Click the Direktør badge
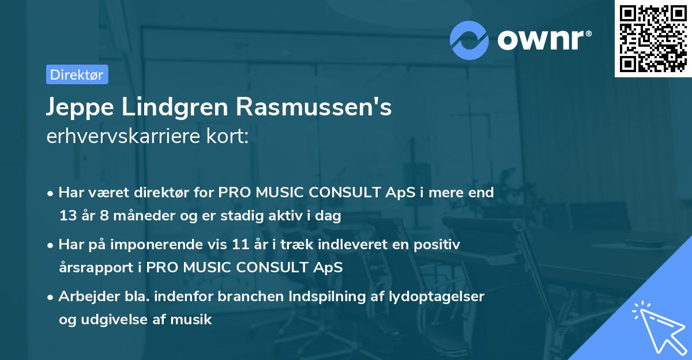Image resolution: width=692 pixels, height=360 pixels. pyautogui.click(x=77, y=74)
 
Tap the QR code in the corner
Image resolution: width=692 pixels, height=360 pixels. pyautogui.click(x=653, y=38)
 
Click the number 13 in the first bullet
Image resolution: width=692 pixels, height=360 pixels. pyautogui.click(x=67, y=216)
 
